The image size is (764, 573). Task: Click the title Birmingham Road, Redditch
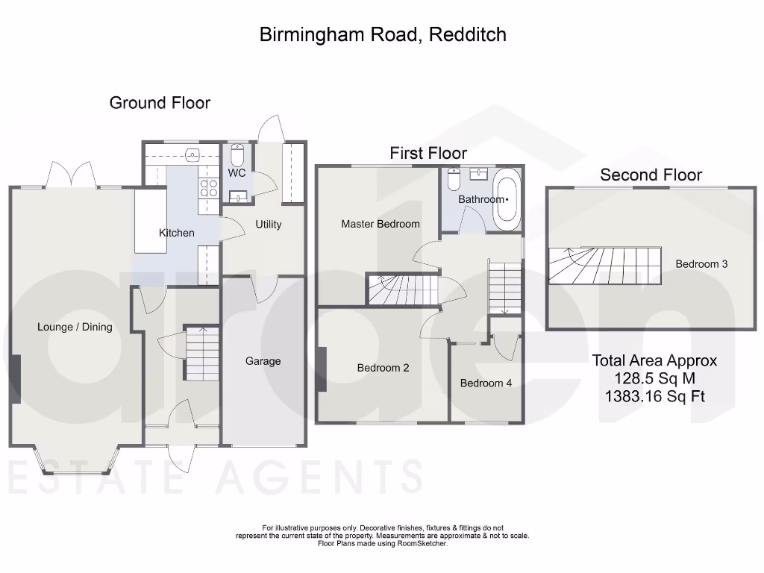coord(383,34)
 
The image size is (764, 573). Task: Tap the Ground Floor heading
coord(160,103)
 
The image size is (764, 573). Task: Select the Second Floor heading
coord(651,175)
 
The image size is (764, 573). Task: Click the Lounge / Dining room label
coord(75,327)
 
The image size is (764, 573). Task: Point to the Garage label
coord(263,361)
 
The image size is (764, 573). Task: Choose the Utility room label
coord(269,224)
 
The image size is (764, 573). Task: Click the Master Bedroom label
coord(381,224)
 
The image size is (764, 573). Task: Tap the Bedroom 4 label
coord(486,383)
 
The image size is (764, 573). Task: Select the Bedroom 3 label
coord(701,263)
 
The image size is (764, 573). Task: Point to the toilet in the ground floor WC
coord(237,155)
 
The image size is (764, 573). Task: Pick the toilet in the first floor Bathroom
coord(453,181)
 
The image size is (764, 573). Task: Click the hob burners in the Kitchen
coord(207,187)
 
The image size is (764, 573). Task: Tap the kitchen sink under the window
coord(192,156)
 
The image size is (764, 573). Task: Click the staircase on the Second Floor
coord(605,266)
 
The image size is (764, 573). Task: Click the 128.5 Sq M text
coord(654,378)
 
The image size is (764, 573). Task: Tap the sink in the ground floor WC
coord(239,197)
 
